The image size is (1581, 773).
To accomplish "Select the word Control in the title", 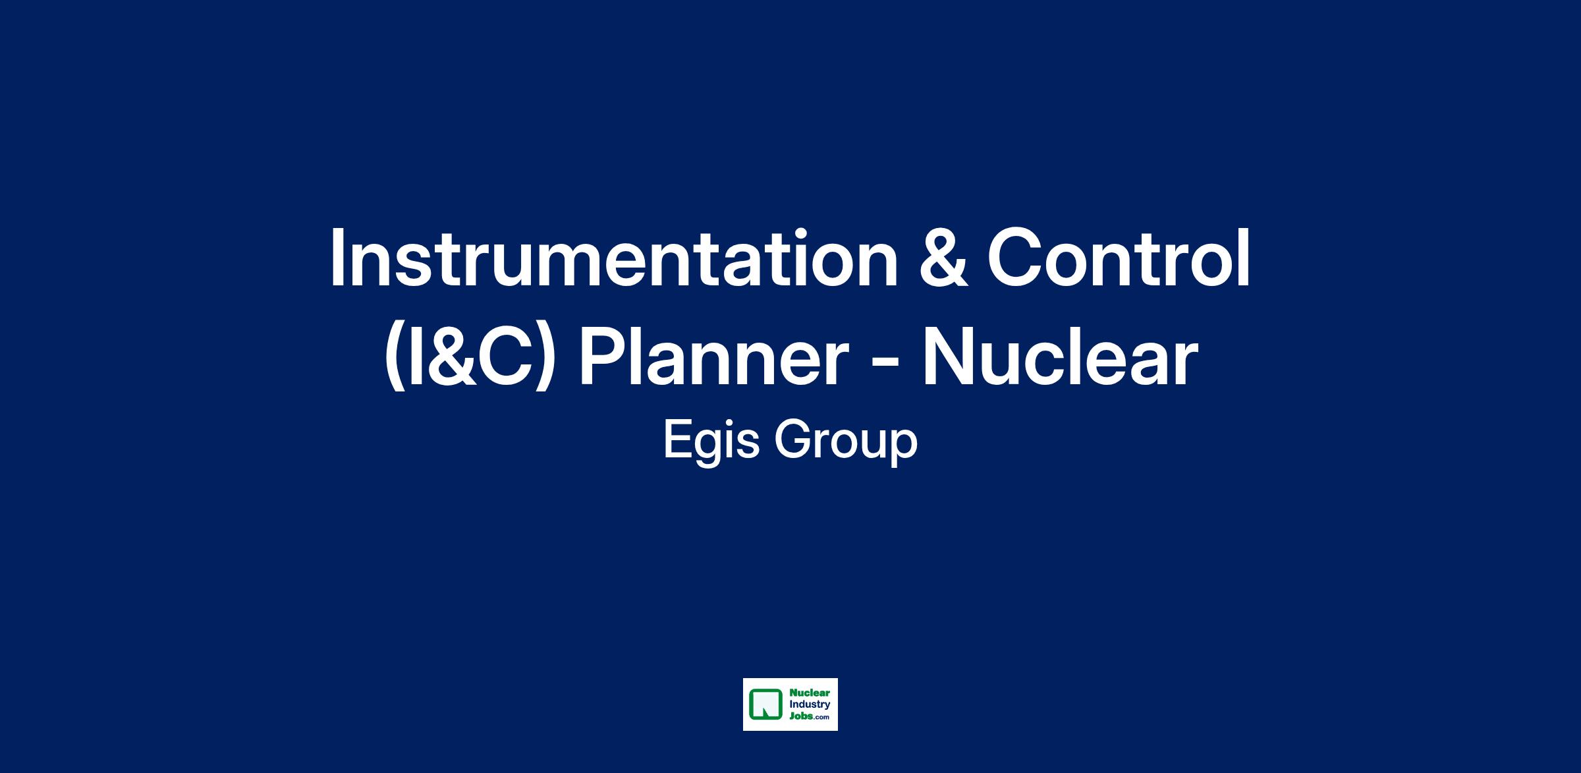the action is click(1119, 258).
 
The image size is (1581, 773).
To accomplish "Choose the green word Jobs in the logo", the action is click(800, 716).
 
